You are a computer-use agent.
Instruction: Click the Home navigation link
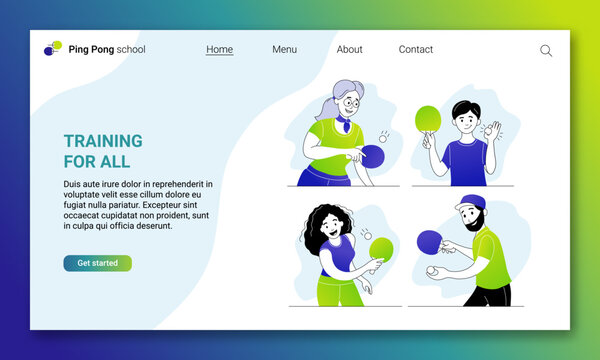219,49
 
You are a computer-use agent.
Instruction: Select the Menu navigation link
284,49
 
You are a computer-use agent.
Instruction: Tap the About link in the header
350,49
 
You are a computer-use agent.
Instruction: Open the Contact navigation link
416,49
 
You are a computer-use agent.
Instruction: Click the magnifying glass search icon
546,50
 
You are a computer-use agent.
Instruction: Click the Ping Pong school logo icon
52,48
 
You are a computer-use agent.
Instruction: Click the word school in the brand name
131,49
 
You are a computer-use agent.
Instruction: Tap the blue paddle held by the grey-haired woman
374,155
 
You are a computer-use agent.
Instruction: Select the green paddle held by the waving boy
427,119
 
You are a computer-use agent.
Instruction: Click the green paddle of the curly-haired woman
380,248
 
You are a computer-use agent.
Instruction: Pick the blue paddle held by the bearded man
429,240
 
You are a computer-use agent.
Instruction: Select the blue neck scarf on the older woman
343,124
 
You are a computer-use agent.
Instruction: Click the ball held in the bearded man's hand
432,270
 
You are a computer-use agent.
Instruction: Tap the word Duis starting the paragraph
72,184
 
